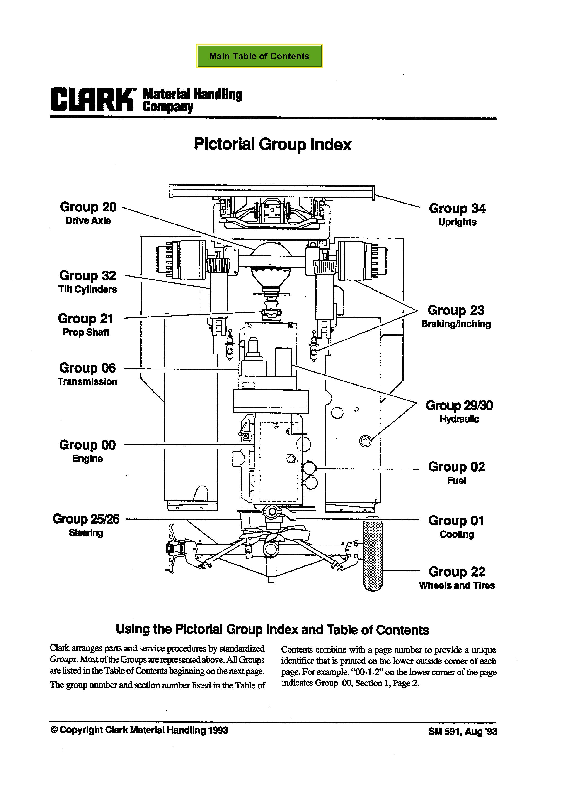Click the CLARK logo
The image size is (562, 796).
coord(92,99)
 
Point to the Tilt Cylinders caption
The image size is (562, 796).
coord(88,290)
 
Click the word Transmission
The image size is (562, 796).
coord(87,382)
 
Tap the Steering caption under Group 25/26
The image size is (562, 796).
coord(86,533)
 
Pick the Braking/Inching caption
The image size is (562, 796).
coord(456,324)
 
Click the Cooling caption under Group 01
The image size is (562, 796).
coord(456,534)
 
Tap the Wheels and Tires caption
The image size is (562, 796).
coord(457,586)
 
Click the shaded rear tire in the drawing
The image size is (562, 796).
coord(373,555)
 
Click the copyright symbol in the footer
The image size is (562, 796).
coord(54,730)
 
